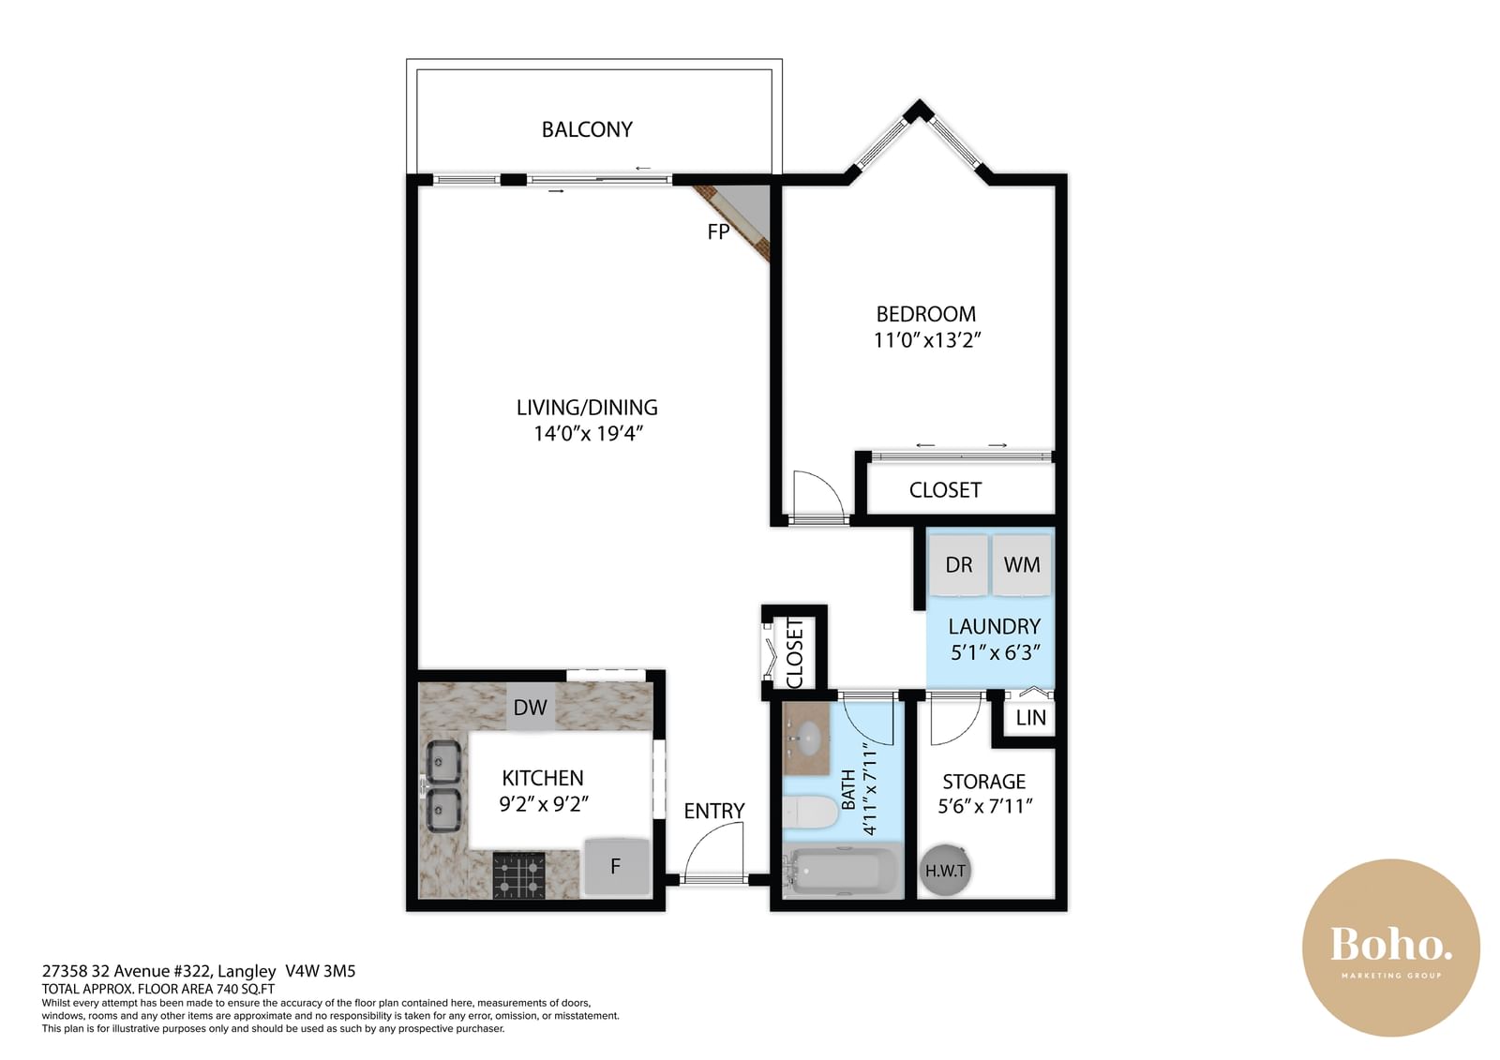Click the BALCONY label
(587, 129)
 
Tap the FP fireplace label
(718, 231)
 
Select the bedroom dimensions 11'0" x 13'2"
(927, 340)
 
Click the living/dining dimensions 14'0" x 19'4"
(588, 434)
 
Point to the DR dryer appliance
(958, 564)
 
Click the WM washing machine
(1021, 564)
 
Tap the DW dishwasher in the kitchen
(531, 707)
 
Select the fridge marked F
(617, 867)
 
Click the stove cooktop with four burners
(519, 875)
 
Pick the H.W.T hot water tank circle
(945, 870)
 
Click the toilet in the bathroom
(810, 813)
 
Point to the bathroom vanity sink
(807, 738)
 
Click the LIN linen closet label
(1030, 718)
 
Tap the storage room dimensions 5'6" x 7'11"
(985, 806)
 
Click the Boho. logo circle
(1390, 948)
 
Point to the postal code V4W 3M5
(320, 971)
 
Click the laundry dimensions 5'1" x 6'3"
(996, 652)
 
